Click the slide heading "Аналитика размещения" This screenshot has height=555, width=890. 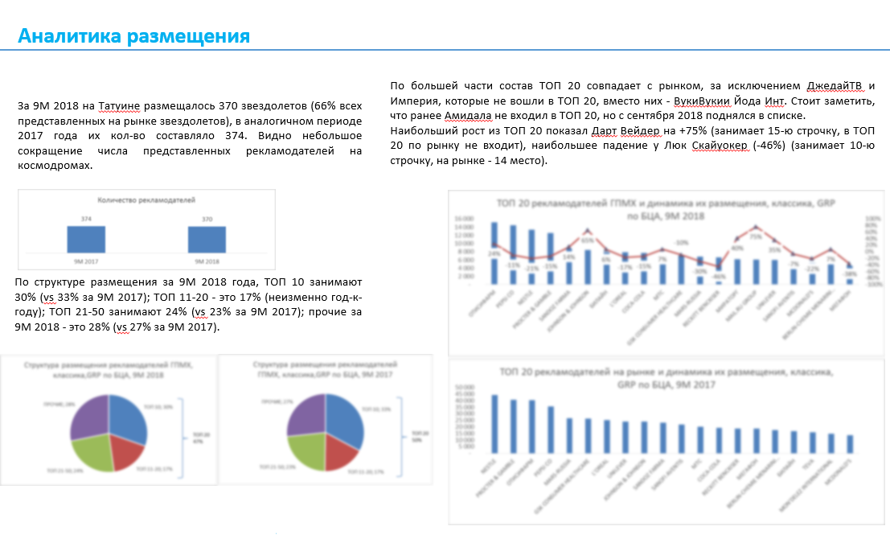click(133, 36)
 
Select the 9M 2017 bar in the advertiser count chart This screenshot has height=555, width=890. click(86, 240)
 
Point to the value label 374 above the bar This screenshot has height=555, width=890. click(86, 219)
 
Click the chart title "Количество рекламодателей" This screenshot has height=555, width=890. click(146, 199)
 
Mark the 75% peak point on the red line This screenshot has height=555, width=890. click(756, 228)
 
